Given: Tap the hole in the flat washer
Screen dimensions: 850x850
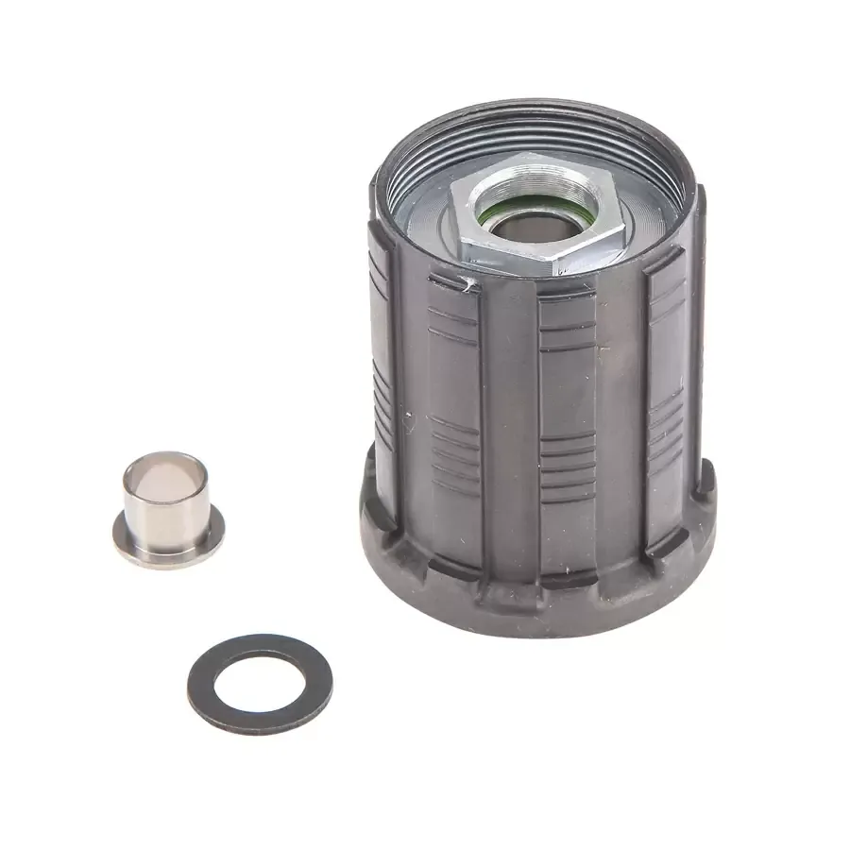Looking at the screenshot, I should [x=259, y=683].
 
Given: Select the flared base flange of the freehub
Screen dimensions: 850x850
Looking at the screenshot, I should [x=529, y=595].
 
